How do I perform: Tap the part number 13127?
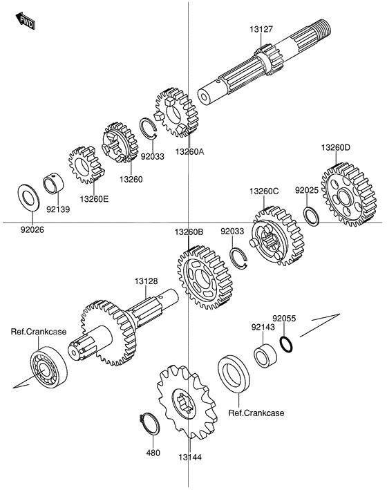(x=261, y=29)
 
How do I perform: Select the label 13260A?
(x=189, y=152)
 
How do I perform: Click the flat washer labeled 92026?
(x=28, y=198)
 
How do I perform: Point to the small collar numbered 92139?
(x=53, y=186)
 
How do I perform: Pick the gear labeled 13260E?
(x=86, y=164)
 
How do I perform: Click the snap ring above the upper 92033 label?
(x=148, y=127)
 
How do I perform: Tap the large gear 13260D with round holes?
(x=349, y=194)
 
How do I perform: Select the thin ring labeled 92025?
(x=311, y=216)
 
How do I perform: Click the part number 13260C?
(x=264, y=191)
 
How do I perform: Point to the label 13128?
(x=146, y=281)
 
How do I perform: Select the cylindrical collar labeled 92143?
(x=265, y=355)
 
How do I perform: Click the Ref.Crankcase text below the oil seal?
(x=256, y=413)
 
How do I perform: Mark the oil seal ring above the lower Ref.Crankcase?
(x=234, y=374)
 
